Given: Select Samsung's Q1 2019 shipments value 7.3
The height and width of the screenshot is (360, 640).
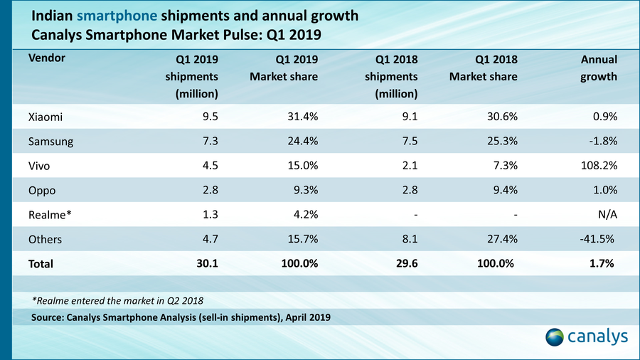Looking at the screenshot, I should coord(208,141).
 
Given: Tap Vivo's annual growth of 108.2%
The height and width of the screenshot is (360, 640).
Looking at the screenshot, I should coord(599,166).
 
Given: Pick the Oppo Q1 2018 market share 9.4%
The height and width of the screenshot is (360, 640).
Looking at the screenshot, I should coord(502,190).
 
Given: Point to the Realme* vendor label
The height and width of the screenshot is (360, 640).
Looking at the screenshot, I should coord(48,214).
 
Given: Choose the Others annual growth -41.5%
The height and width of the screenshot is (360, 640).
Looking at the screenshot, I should coord(597,239).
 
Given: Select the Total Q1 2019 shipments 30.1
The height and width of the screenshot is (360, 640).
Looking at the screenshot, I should coord(206,263).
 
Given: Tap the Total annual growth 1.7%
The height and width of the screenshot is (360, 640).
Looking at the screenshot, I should coord(602,263).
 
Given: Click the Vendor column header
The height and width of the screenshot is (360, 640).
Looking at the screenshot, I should coord(47,58).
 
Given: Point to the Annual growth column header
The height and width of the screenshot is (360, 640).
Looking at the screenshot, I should coord(597,68).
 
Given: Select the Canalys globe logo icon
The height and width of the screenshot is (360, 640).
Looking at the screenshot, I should coord(555,336).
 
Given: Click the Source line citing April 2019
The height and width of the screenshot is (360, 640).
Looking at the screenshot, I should coord(181,317).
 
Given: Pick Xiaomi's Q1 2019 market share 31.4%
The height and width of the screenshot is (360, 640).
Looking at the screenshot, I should coord(302,117).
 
